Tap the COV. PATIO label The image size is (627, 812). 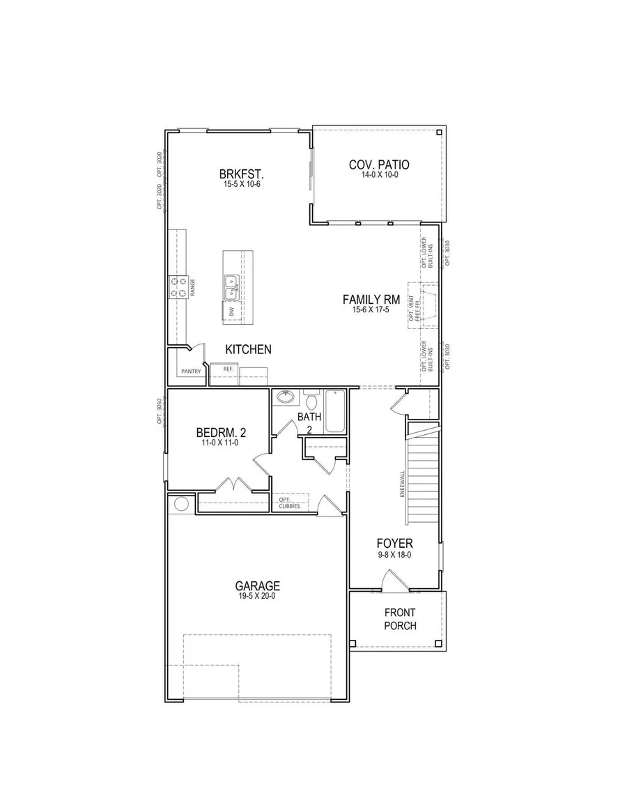pos(379,165)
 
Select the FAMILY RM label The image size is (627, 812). pos(370,300)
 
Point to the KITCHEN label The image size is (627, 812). pos(248,349)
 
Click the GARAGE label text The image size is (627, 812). pos(257,586)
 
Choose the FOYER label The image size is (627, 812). pos(395,543)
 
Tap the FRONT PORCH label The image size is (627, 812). pos(400,619)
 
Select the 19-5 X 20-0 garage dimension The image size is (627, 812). pos(257,597)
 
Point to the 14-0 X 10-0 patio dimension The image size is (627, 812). pos(379,175)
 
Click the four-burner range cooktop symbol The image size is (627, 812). pos(178,286)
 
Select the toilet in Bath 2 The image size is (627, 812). pos(311,401)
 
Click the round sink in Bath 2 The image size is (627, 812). pos(286,398)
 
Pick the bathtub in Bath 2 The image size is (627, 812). pos(336,411)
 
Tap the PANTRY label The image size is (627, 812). pos(191,371)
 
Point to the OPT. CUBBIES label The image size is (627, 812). pos(289,503)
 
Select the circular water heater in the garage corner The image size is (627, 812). pos(182,503)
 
